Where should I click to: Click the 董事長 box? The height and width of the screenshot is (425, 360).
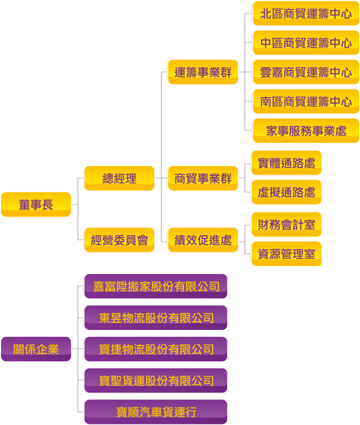(x=36, y=205)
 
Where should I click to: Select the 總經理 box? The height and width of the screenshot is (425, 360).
(x=119, y=178)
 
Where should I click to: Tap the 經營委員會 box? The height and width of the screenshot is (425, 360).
(x=119, y=240)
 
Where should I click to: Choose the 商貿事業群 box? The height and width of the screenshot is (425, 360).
(x=203, y=178)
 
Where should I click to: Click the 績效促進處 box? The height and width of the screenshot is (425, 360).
(x=203, y=240)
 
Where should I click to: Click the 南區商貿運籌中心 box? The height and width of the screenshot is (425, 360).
(x=306, y=101)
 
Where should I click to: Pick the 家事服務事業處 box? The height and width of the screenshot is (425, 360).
(x=306, y=131)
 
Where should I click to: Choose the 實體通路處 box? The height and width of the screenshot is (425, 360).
(x=286, y=163)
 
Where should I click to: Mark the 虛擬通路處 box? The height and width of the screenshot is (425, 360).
(x=286, y=192)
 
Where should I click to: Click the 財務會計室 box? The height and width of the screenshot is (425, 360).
(x=286, y=225)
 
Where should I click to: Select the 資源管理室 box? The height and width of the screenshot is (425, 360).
(x=286, y=254)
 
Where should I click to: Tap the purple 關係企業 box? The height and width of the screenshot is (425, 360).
(x=36, y=349)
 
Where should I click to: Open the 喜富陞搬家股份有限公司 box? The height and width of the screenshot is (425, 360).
(x=156, y=286)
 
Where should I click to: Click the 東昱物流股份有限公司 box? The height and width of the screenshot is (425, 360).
(x=156, y=318)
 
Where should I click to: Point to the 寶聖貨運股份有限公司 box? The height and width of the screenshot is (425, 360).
(x=156, y=380)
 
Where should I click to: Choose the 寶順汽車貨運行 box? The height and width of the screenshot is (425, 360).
(x=156, y=412)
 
